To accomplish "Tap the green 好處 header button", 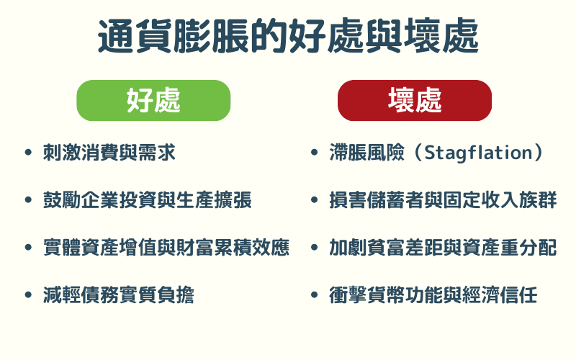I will coord(153,100).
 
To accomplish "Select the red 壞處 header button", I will coord(414,100).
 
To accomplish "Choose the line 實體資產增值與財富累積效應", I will coord(166,248).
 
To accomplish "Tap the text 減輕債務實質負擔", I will coord(119,295).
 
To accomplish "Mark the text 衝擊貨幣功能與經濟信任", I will coord(434,295).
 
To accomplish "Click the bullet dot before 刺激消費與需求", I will coord(28,153).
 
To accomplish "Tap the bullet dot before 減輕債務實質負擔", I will coord(28,295).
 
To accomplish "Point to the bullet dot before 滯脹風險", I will coord(315,153).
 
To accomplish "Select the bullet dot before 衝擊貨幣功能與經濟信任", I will coord(315,295).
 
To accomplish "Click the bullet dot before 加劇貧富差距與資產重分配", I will coord(315,248).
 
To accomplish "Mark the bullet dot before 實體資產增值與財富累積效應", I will coord(28,248).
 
